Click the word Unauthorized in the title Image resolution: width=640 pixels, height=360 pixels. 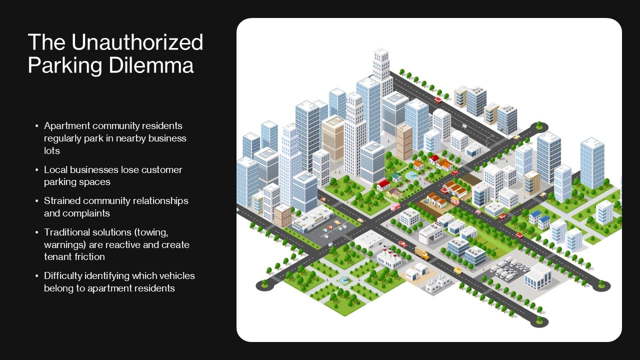click(137, 42)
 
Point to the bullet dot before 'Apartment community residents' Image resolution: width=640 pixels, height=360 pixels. click(36, 126)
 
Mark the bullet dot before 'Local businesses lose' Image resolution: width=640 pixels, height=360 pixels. click(36, 170)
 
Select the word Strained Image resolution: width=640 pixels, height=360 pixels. click(62, 200)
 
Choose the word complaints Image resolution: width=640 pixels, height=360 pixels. click(86, 213)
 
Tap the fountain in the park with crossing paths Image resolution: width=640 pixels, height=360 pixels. click(343, 279)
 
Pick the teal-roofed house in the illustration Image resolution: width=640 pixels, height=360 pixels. click(396, 176)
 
